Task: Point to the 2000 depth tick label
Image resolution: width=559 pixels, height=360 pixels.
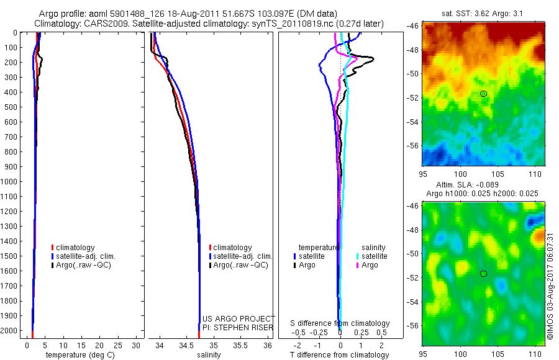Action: (11, 331)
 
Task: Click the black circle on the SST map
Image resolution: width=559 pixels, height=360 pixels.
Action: (483, 94)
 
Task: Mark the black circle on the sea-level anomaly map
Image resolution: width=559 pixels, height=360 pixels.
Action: (483, 274)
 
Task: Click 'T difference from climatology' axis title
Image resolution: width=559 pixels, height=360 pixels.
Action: (339, 355)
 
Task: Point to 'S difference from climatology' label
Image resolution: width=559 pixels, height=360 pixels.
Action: (340, 323)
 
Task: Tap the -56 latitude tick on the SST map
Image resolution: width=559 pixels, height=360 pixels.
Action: (412, 145)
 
